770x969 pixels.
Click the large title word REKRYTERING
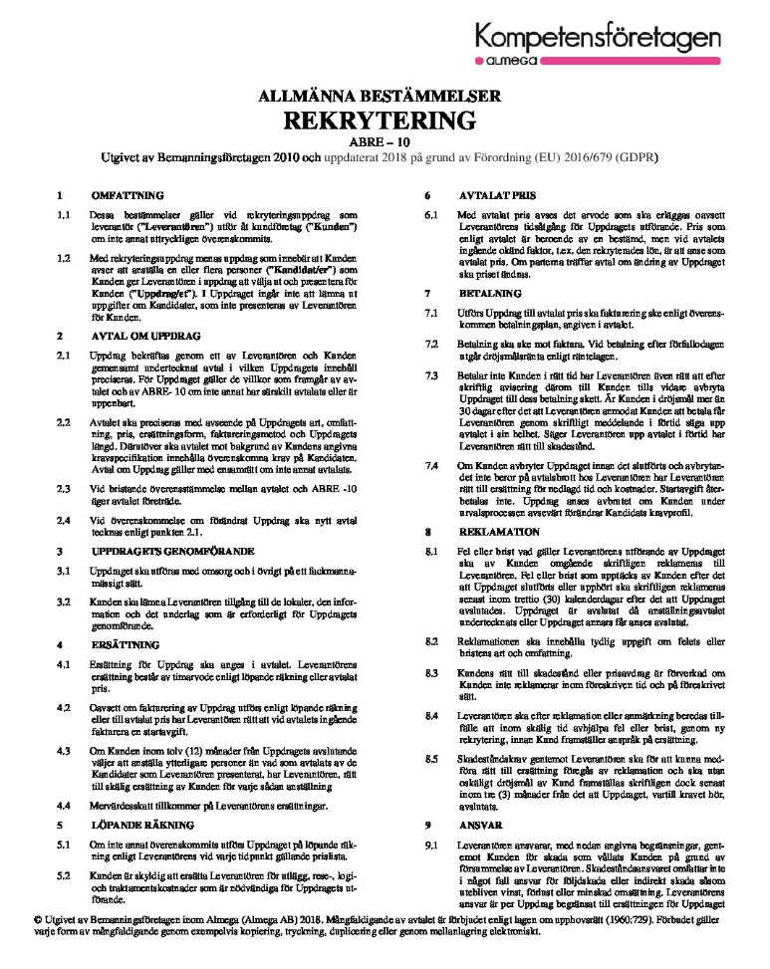click(385, 121)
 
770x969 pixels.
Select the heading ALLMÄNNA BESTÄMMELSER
click(385, 97)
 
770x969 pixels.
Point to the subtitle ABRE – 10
click(385, 143)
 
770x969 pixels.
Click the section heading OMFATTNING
click(127, 195)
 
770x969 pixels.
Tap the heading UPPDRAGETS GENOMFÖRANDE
click(171, 550)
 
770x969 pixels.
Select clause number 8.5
click(431, 758)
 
